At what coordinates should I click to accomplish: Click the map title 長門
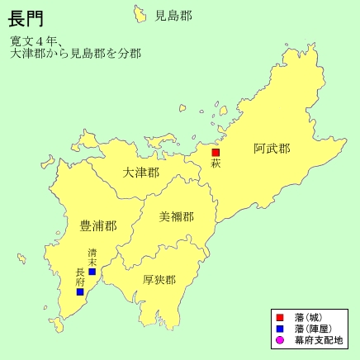pos(26,18)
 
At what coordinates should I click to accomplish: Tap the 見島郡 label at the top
pos(173,15)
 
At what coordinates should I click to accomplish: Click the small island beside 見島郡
pos(139,12)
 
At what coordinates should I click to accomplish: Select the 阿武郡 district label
pos(272,149)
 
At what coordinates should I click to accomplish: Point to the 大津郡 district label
pos(140,173)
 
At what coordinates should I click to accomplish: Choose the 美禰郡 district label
pos(177,217)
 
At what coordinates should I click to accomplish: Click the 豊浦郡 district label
pos(97,225)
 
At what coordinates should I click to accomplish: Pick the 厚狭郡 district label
pos(159,279)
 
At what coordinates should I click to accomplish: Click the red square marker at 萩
pos(216,152)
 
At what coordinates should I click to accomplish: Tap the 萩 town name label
pos(216,163)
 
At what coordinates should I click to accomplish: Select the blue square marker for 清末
pos(92,272)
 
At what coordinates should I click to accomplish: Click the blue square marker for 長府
pos(80,291)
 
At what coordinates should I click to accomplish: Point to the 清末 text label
pos(92,258)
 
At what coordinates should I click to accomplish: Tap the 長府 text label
pos(80,276)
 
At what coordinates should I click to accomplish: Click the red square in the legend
pos(279,317)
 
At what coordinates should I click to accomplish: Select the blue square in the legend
pos(279,329)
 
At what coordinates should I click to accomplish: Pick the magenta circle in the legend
pos(279,340)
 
